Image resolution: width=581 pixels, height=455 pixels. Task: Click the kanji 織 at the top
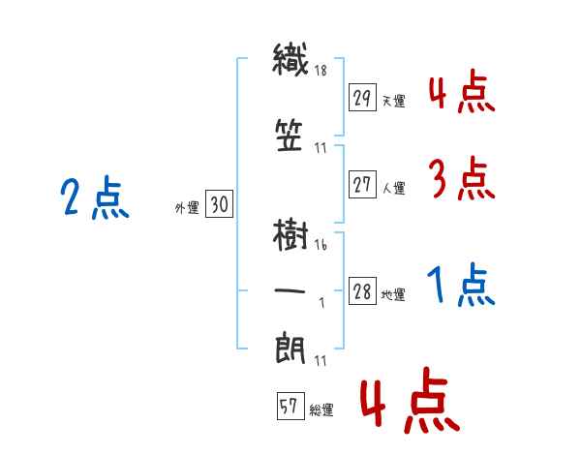coord(290,59)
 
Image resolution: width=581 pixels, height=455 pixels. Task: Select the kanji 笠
coord(290,136)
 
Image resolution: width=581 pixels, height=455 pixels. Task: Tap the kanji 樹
coord(290,235)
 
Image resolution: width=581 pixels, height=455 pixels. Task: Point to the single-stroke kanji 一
coord(290,290)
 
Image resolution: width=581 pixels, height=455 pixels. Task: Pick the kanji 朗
coord(290,348)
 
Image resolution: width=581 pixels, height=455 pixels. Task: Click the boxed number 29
coord(362,97)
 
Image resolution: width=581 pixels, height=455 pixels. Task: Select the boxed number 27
coord(362,184)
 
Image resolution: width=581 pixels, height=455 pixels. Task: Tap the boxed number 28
coord(362,290)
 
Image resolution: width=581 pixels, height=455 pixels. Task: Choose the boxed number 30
coord(220,204)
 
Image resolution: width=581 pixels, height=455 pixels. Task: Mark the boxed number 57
coord(290,406)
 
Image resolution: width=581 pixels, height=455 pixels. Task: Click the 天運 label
coord(394,101)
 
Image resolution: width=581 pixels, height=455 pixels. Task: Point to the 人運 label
coord(394,188)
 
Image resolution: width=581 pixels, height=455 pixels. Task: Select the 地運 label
coord(393,294)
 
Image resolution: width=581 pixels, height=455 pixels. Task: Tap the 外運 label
coord(187,207)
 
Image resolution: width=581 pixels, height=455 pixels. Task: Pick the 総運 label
coord(321,409)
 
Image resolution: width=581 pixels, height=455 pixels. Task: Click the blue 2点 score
coord(95,197)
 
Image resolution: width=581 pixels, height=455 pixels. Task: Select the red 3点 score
coord(462,177)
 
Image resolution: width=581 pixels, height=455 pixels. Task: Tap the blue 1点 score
coord(461,284)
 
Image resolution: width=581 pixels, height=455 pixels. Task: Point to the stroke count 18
coord(321,70)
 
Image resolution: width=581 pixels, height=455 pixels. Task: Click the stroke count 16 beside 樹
coord(321,245)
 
